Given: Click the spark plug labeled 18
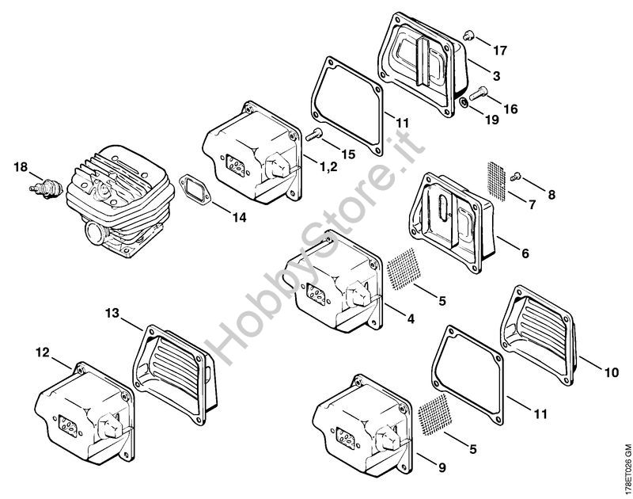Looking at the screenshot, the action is click(x=46, y=189).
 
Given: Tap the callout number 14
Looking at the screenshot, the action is click(x=239, y=218).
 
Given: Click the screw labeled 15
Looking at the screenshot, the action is click(x=313, y=134).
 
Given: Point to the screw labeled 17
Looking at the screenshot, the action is click(x=468, y=36).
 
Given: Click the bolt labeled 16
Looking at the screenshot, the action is click(x=478, y=93).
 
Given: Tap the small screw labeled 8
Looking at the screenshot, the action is click(x=516, y=176).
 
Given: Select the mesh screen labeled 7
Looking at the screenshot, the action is click(x=497, y=181).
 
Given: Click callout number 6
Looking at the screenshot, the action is click(x=525, y=253).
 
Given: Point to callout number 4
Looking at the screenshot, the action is click(x=411, y=319).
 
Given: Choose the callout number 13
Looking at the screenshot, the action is click(x=112, y=313).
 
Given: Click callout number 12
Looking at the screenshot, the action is click(x=43, y=352).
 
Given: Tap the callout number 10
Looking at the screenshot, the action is click(x=611, y=372).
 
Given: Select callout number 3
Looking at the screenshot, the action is click(x=496, y=75).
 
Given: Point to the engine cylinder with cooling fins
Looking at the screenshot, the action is click(x=120, y=201).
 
